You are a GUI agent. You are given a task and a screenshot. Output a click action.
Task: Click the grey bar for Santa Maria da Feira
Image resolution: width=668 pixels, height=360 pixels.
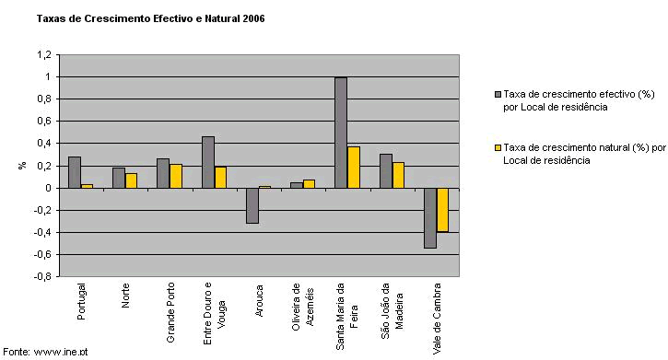[x=341, y=133]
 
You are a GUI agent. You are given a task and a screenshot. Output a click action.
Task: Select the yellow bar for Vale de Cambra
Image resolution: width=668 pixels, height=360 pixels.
[x=442, y=210]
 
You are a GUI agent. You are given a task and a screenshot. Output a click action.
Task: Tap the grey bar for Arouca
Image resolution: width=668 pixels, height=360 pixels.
[x=252, y=205]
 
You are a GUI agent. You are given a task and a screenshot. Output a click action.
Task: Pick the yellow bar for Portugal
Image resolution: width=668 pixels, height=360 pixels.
[x=87, y=186]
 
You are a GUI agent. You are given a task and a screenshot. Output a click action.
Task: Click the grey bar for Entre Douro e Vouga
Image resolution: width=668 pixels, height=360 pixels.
[x=208, y=162]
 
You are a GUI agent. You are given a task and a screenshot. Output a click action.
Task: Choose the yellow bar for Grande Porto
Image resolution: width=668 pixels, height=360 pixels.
[x=176, y=176]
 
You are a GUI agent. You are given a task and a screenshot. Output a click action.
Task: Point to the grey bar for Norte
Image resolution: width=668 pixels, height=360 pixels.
[x=119, y=178]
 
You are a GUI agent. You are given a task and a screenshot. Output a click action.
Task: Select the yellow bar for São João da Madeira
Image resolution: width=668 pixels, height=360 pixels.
[x=398, y=175]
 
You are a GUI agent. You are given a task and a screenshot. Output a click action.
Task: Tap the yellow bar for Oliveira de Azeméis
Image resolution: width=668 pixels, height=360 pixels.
[x=309, y=184]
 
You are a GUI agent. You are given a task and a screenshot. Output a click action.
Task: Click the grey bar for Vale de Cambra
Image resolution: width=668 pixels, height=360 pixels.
[x=430, y=218]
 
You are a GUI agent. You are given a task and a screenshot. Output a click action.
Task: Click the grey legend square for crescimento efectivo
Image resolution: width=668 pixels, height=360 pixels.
[x=498, y=94]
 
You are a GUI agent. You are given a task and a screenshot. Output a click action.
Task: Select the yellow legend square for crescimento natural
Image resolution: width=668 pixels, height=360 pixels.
[x=498, y=147]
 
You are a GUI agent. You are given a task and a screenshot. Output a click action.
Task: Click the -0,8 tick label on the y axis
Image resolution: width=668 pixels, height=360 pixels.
[x=43, y=276]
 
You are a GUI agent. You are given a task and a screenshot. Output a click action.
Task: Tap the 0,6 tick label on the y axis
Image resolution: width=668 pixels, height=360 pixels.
[x=44, y=122]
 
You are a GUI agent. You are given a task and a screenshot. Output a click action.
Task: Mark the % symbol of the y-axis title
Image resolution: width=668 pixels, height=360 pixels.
[x=23, y=166]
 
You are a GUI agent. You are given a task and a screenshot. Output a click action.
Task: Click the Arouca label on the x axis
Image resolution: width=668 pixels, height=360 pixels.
[x=259, y=301]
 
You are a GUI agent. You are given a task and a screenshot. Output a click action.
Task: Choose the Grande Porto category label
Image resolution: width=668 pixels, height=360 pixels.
[x=170, y=312]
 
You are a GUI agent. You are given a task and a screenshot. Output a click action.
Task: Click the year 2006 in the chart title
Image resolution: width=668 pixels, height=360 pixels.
[x=253, y=18]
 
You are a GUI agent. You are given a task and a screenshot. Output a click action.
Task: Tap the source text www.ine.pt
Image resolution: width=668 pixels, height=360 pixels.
[x=61, y=352]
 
